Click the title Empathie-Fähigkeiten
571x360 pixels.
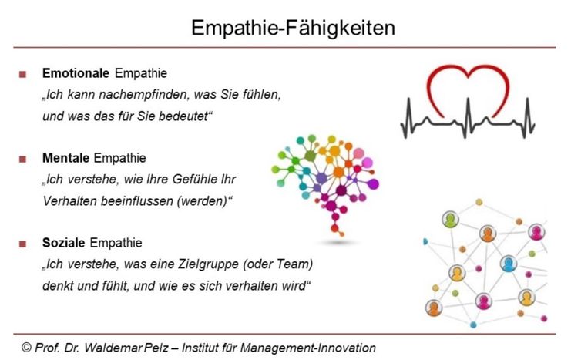(x=293, y=29)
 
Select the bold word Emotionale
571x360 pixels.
(x=76, y=73)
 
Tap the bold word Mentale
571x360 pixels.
(x=66, y=158)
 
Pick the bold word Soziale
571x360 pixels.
(x=64, y=243)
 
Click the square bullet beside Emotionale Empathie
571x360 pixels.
(x=22, y=74)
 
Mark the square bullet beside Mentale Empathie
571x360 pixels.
(x=22, y=160)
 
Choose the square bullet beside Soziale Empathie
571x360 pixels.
(x=22, y=244)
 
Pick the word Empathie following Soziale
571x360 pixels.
(x=116, y=243)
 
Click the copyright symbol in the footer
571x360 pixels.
(x=26, y=347)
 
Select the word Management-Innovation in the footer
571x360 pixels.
(x=308, y=348)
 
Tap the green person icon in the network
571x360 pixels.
(x=450, y=220)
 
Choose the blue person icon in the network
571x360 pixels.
(x=509, y=264)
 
